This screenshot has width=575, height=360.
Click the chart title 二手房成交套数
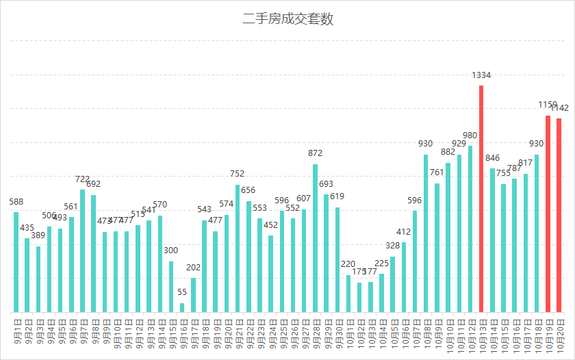coord(287,19)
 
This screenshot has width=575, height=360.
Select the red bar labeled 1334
coord(481,198)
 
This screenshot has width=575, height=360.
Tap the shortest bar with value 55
coord(182,307)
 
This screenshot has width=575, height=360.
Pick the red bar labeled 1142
coord(559,215)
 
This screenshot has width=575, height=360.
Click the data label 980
coord(470,136)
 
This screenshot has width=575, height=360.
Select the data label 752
coord(238,174)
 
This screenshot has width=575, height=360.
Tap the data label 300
coord(171,250)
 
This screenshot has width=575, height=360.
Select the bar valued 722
coord(83,250)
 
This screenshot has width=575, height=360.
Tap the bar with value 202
coord(193,295)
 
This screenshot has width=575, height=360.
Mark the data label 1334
coord(481,75)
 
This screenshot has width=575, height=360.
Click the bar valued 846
coord(492,240)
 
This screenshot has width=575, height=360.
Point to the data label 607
coord(304,198)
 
